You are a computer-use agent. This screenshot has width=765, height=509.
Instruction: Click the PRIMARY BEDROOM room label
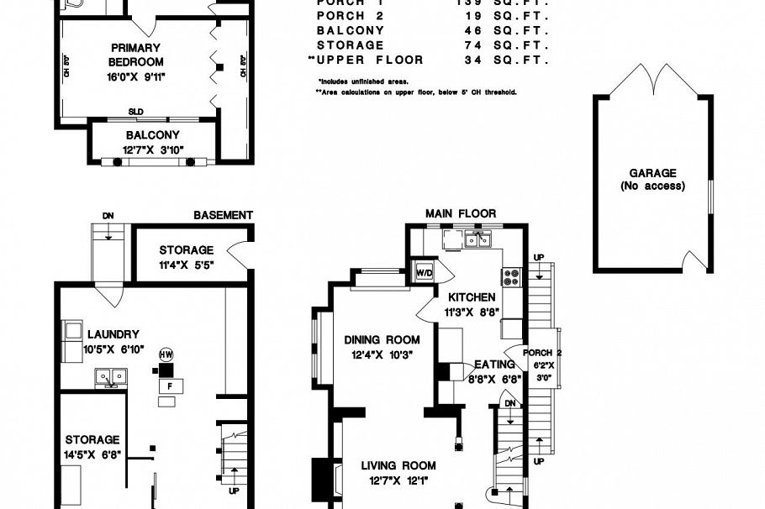[135, 55]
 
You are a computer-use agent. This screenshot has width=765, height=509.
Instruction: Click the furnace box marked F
[171, 385]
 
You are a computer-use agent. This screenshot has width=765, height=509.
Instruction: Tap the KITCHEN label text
[471, 297]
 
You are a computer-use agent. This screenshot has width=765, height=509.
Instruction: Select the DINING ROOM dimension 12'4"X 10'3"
[382, 354]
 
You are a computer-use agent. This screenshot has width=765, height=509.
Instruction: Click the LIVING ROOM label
[398, 465]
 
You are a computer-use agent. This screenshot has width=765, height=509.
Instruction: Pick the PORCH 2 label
[542, 353]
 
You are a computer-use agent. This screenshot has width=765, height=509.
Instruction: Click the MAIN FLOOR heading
[461, 214]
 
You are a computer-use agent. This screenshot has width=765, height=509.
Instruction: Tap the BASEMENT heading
[223, 215]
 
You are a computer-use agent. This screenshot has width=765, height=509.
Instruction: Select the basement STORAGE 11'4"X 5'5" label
[186, 256]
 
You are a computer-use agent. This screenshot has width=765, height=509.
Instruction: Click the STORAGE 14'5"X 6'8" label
[92, 447]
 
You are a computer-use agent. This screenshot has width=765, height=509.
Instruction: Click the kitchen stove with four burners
[511, 277]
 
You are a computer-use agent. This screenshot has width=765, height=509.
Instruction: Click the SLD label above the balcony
[135, 111]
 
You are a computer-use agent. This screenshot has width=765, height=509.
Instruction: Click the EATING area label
[494, 365]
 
